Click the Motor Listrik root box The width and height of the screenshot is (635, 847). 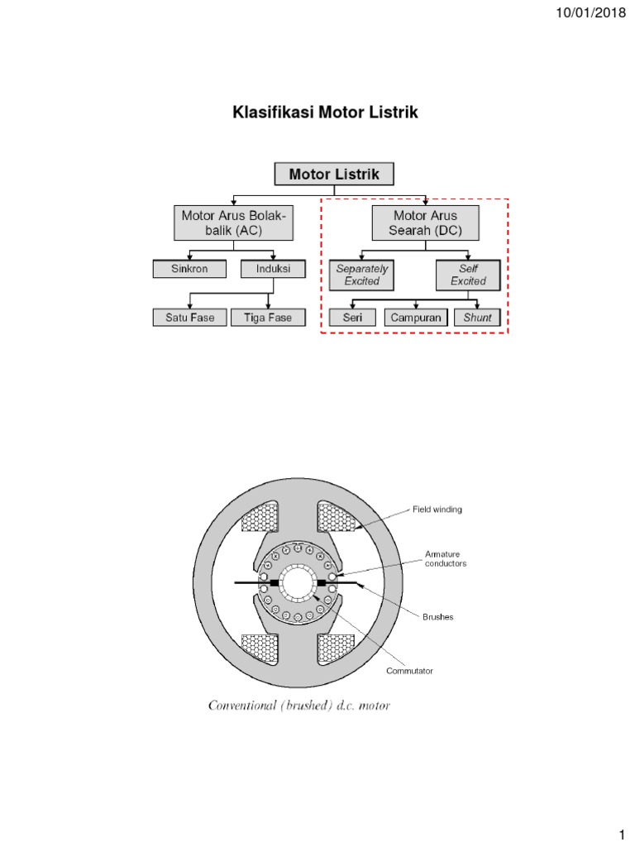pos(334,175)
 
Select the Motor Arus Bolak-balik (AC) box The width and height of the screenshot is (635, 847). pos(233,223)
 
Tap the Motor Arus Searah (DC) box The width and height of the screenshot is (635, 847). pos(426,223)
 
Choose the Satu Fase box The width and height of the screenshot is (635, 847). pos(189,317)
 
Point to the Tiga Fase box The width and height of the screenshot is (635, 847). pos(268,317)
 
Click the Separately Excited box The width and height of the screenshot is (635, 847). pos(362,275)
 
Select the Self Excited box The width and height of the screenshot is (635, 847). pos(469,275)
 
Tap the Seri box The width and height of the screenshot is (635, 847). pos(351,317)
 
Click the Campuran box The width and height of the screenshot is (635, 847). pos(415,317)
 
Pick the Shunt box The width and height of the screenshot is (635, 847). pos(477,317)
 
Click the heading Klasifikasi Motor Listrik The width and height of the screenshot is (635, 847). pos(325,113)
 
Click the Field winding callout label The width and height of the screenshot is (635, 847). pos(437,510)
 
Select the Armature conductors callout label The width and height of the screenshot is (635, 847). pos(446,558)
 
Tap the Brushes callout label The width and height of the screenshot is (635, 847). pos(439,617)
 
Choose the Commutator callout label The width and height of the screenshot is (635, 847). pos(409,671)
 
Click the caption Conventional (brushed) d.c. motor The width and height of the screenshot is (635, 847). pos(299,706)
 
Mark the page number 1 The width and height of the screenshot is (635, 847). pos(619,830)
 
